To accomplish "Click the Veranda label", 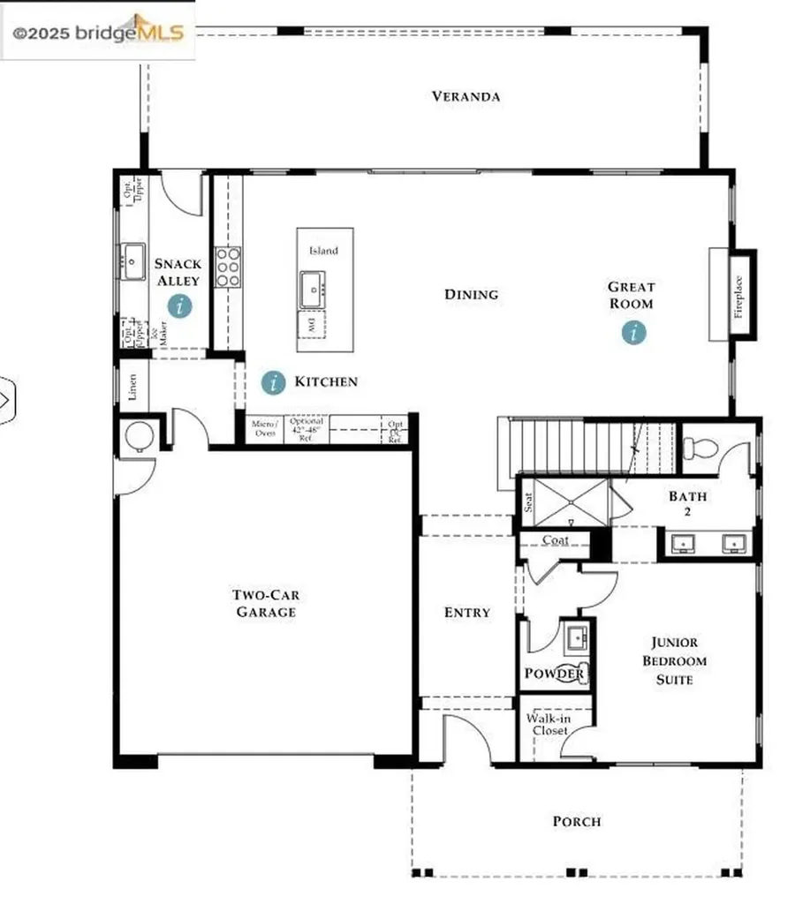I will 466,96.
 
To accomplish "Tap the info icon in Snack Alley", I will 181,306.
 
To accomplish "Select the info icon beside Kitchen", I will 274,382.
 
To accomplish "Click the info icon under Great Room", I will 633,333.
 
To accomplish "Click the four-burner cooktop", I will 228,267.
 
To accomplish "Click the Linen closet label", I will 132,386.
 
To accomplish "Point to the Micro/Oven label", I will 265,428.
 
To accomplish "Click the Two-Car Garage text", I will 265,603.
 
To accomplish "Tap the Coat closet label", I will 556,540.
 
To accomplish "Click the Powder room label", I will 554,674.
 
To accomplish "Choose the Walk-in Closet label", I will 549,725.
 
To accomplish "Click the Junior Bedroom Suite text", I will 674,661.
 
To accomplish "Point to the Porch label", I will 577,821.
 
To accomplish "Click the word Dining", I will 471,294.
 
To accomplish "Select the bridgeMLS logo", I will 98,33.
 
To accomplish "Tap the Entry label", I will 466,612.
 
